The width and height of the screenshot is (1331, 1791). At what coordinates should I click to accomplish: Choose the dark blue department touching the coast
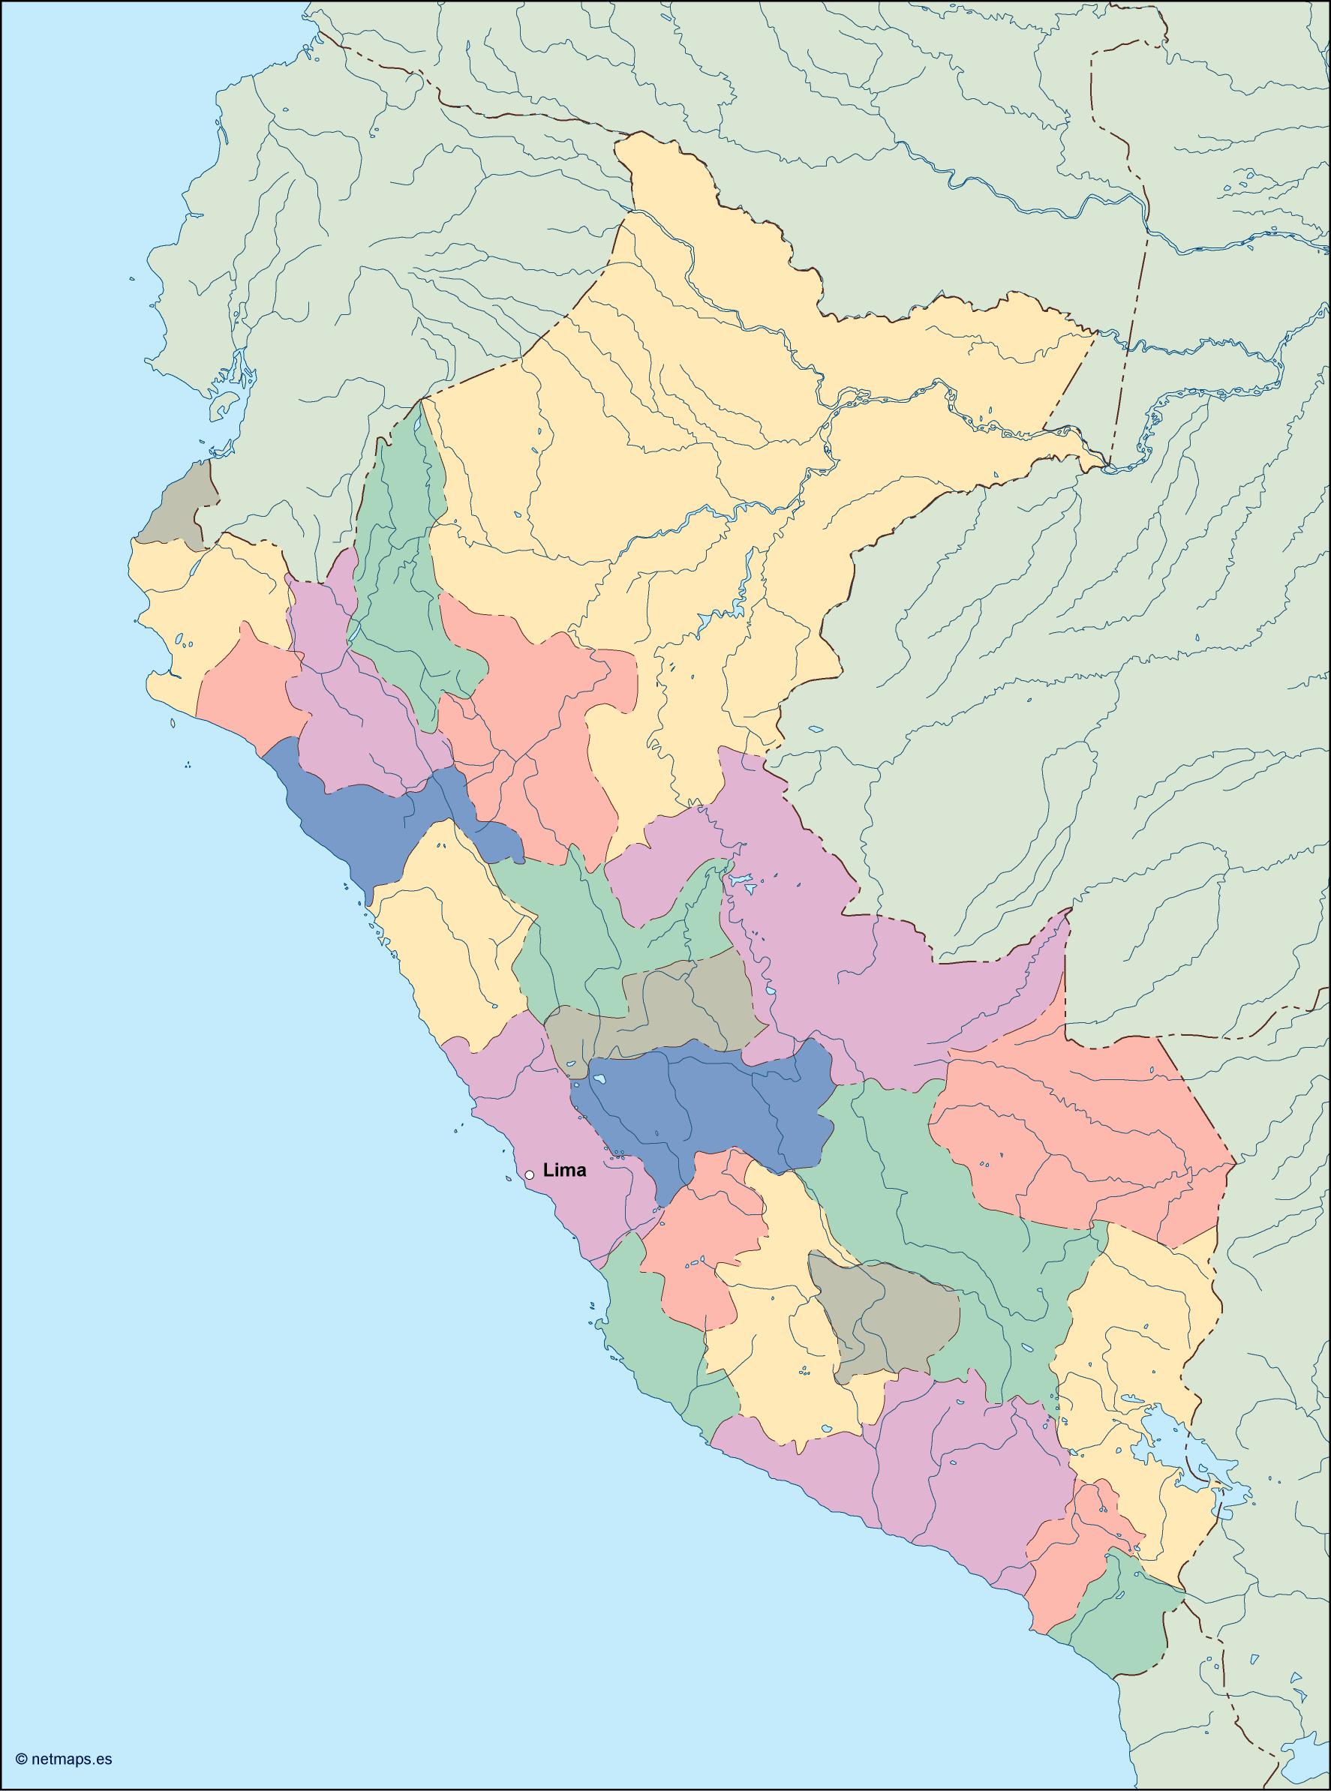[354, 821]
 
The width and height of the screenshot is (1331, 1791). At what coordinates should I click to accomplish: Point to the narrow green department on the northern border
[403, 564]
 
